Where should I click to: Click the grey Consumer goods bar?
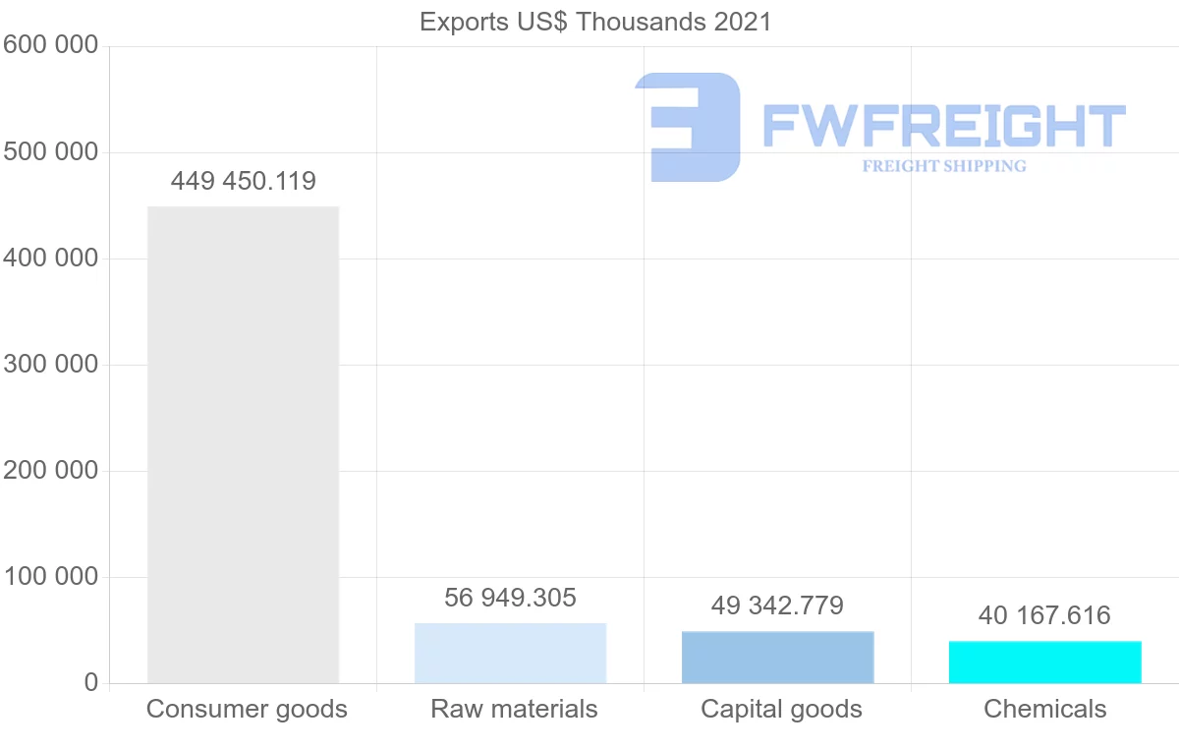243,444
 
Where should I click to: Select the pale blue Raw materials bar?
510,653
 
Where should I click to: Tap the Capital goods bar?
777,657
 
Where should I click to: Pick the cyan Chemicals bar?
1044,662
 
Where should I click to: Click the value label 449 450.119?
243,181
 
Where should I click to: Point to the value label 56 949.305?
510,598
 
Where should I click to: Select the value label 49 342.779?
777,606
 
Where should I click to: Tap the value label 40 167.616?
1044,615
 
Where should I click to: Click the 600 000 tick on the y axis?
50,45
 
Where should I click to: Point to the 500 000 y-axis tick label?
50,152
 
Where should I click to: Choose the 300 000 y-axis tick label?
50,365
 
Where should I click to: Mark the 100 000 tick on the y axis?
50,577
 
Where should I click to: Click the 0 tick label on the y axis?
91,683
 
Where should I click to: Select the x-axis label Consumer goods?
247,709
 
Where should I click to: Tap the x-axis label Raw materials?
514,709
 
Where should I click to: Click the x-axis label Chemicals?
1044,709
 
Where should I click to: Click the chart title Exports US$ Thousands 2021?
595,22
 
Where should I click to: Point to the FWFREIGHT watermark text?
943,126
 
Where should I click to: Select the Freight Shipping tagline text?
944,166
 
